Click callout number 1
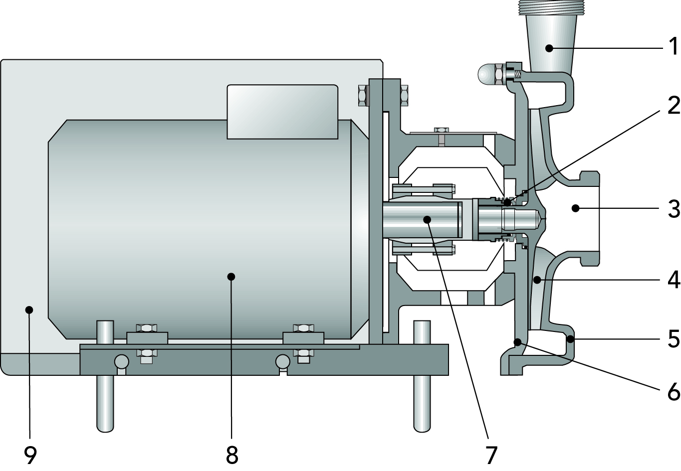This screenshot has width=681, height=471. [673, 47]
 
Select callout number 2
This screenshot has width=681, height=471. [673, 105]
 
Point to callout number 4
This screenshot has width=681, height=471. [673, 280]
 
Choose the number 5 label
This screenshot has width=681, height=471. [673, 339]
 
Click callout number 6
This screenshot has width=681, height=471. [673, 392]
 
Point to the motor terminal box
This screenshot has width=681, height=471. [282, 112]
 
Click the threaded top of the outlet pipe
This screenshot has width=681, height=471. [549, 7]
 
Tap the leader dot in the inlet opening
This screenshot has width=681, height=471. [575, 208]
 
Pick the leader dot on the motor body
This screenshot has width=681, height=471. [230, 276]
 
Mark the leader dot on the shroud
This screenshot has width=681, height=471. [29, 310]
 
